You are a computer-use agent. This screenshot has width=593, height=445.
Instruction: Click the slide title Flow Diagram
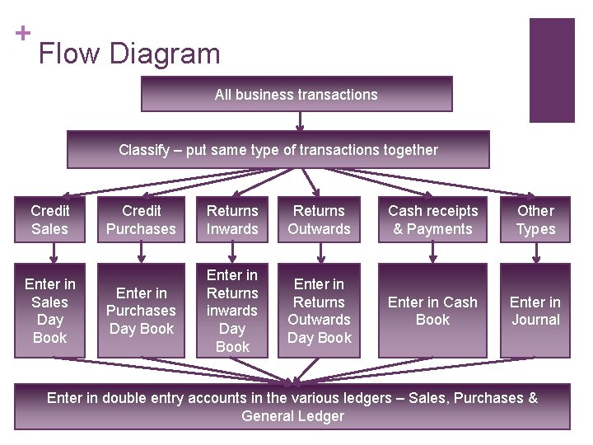(x=129, y=54)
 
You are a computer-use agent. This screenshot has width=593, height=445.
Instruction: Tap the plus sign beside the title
(x=23, y=33)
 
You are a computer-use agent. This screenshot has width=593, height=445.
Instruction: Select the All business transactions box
(x=296, y=94)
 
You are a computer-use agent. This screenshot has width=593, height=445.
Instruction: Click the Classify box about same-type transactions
(x=278, y=149)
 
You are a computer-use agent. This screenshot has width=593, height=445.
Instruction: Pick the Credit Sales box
(x=49, y=219)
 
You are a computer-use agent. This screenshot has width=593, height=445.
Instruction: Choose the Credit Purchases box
(x=141, y=219)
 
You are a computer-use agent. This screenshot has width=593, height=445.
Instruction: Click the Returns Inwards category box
(x=232, y=219)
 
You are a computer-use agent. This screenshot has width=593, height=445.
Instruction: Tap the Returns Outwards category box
(x=319, y=219)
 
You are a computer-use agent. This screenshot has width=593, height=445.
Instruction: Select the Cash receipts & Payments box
(x=432, y=219)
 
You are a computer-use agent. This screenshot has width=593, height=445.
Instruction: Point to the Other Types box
(x=535, y=219)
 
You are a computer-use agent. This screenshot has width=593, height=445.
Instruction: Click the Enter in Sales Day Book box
(x=49, y=311)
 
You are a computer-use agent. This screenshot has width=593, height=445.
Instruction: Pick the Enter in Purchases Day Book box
(x=141, y=311)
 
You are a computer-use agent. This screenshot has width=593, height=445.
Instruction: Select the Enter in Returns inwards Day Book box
(x=232, y=311)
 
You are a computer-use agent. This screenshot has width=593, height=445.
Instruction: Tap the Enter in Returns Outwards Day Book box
(x=319, y=311)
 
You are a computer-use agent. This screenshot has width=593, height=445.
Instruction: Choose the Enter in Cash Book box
(x=432, y=311)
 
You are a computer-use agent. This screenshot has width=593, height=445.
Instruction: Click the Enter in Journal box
(x=535, y=311)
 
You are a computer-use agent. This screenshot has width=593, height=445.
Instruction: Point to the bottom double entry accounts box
(x=292, y=406)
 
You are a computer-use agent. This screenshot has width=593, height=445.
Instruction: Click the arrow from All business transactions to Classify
(x=300, y=121)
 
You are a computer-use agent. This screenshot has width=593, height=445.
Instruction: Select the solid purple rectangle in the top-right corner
(x=551, y=70)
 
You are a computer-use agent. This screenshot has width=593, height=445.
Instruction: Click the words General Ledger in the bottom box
(x=292, y=416)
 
